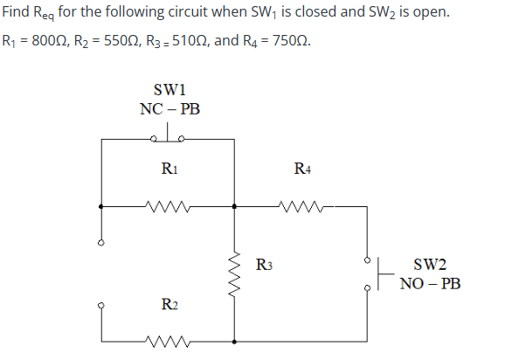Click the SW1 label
pyautogui.click(x=170, y=91)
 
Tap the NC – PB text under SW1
pyautogui.click(x=170, y=110)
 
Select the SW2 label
pyautogui.click(x=429, y=265)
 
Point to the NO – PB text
pyautogui.click(x=430, y=284)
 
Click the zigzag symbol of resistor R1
pyautogui.click(x=169, y=207)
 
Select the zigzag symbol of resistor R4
pyautogui.click(x=302, y=207)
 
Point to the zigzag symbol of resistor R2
pyautogui.click(x=169, y=340)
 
